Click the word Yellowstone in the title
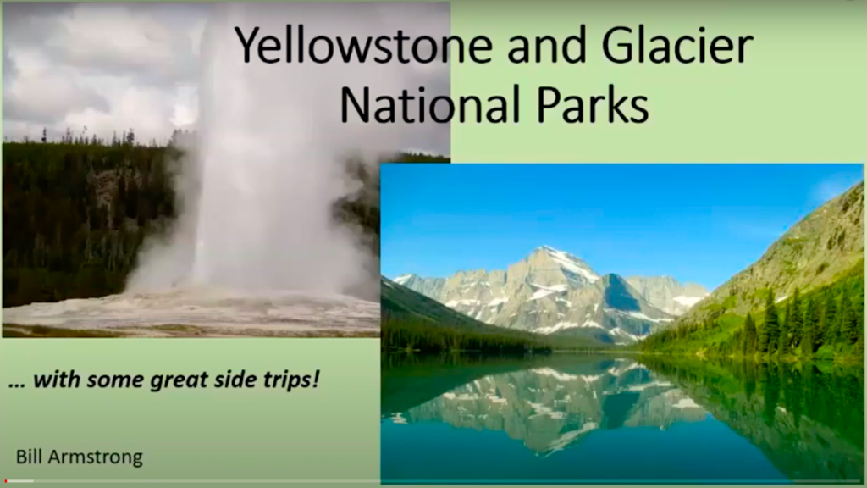tap(364, 46)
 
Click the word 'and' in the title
tap(547, 45)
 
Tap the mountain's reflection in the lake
tap(548, 404)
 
